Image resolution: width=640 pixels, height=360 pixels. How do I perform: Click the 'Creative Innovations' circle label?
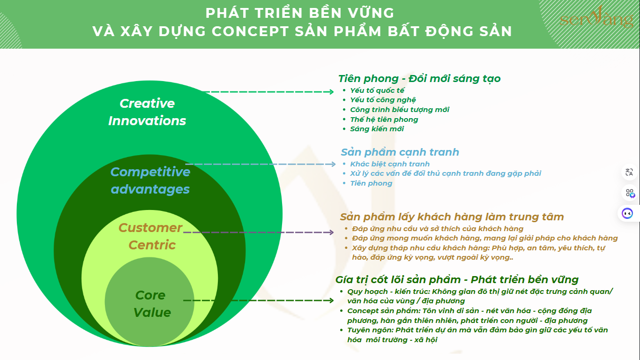pos(147,112)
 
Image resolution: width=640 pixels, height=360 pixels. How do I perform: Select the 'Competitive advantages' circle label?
pos(150,180)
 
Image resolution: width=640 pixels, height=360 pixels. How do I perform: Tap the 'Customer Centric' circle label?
pos(150,236)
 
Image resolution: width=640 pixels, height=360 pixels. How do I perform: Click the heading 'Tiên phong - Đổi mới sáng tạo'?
pos(419,79)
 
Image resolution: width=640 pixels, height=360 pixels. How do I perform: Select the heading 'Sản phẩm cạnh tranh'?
pos(400,152)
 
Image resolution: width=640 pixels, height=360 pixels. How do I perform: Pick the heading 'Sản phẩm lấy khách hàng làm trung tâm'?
pos(452,217)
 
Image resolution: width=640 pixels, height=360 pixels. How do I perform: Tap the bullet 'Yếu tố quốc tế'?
pos(377,90)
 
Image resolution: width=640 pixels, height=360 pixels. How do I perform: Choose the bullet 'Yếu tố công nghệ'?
pos(383,100)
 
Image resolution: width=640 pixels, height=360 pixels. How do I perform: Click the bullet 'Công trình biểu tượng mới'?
pos(400,110)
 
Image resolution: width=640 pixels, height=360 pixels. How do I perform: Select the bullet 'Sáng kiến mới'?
pos(377,129)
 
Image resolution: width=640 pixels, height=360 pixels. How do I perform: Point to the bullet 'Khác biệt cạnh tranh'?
pos(390,164)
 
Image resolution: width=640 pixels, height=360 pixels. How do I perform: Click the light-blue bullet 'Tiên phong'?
pos(371,183)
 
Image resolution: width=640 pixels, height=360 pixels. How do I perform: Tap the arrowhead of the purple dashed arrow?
pos(331,232)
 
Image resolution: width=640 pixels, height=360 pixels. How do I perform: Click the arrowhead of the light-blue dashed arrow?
pos(333,164)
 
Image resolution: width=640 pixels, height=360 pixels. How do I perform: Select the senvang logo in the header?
pos(596,17)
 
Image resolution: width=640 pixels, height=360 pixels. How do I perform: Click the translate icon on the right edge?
pos(629,172)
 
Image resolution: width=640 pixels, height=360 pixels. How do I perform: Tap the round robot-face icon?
pos(627,213)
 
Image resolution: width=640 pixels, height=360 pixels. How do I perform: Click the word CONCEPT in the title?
pos(250,31)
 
